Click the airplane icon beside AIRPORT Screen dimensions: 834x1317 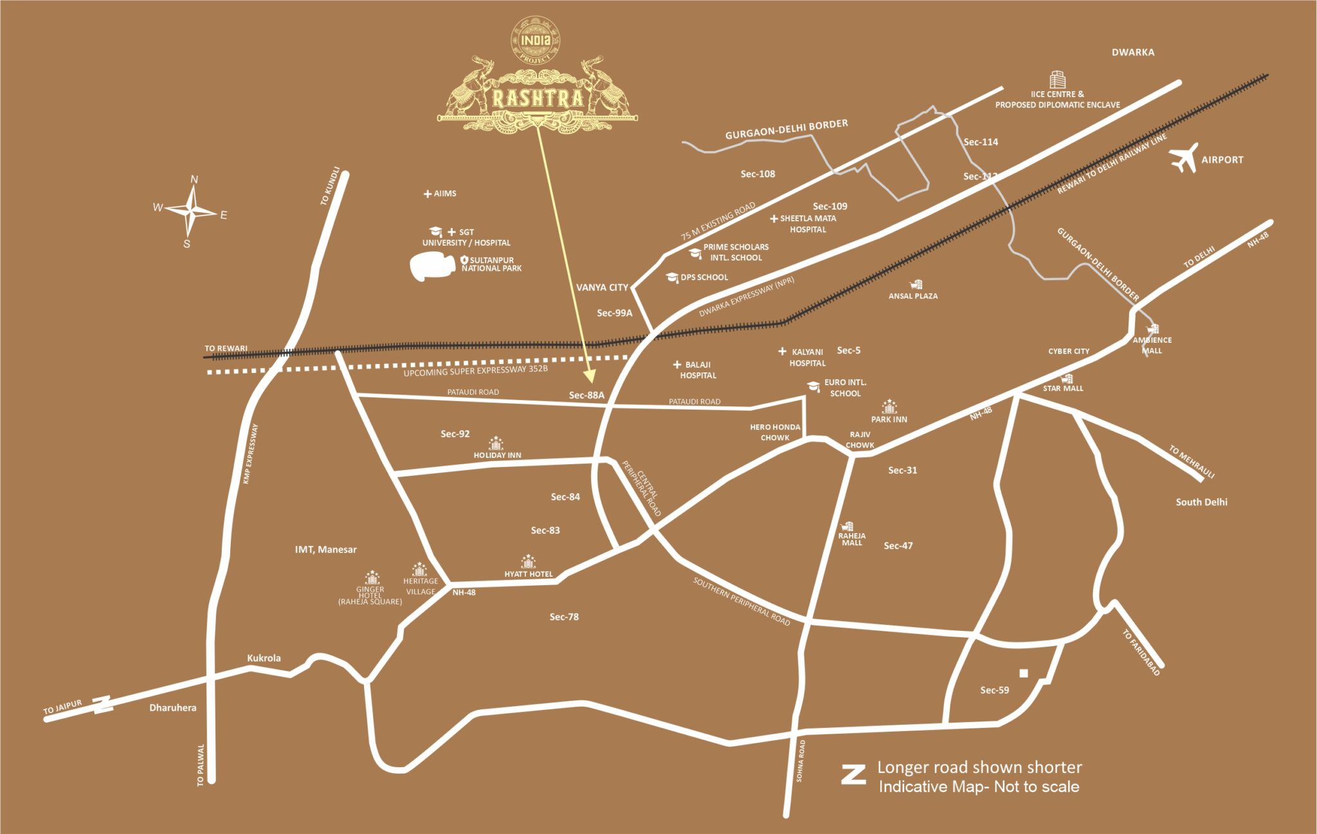[x=1184, y=158]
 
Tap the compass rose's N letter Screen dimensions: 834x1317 [x=194, y=179]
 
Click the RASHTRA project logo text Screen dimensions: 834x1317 [x=538, y=99]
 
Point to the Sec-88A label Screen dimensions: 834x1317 [x=586, y=395]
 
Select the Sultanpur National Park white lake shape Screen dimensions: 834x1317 [x=433, y=266]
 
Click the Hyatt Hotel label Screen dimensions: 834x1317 [x=529, y=574]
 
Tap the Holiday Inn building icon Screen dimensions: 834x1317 [x=496, y=443]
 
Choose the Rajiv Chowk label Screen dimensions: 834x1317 [x=860, y=440]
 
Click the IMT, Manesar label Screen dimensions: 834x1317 [x=325, y=549]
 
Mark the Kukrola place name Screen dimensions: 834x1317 [x=264, y=658]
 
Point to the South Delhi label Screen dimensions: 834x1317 [x=1201, y=502]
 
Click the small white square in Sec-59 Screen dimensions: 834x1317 [x=1024, y=673]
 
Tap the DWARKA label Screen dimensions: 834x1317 [x=1132, y=52]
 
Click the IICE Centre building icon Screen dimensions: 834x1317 [x=1057, y=80]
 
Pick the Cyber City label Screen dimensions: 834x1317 [x=1069, y=351]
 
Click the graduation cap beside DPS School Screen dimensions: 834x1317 [x=672, y=278]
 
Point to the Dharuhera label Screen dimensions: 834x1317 [x=173, y=707]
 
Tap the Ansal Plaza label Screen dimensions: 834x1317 [x=913, y=296]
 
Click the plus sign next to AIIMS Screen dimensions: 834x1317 [x=428, y=194]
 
